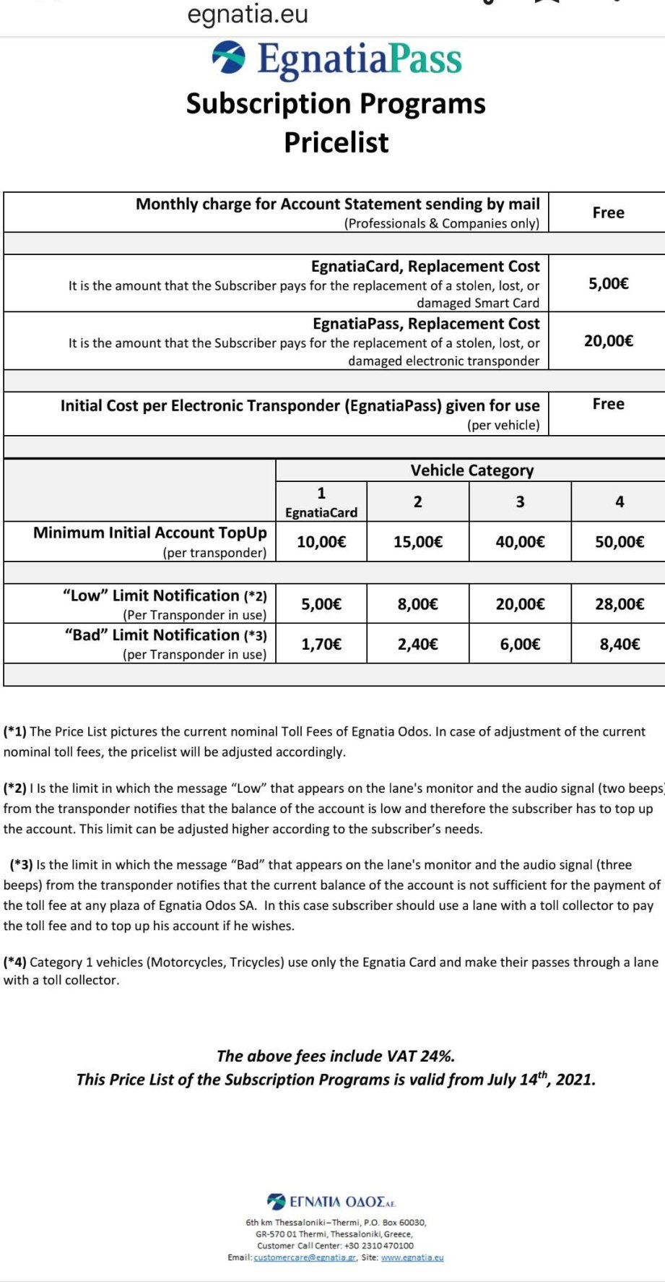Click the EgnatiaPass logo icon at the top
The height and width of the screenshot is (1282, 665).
228,58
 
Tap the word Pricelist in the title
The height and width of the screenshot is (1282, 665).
336,142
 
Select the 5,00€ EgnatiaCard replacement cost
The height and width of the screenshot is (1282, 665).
608,283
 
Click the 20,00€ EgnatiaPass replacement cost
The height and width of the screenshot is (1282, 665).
608,340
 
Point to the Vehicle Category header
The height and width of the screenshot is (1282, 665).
471,470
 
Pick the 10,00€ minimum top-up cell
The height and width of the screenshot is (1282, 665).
321,542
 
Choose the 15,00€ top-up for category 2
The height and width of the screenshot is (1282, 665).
417,542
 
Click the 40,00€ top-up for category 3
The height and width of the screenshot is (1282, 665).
520,542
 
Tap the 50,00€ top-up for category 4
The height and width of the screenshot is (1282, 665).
619,542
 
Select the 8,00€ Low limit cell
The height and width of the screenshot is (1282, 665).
417,604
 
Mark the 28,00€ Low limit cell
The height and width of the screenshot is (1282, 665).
619,604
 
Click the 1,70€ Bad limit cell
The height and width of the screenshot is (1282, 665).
321,644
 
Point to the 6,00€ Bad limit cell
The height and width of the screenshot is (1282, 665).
520,644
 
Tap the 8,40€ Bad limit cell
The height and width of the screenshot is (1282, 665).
619,644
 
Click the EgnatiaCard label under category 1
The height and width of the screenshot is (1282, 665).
321,512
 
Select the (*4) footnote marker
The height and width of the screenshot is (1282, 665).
15,962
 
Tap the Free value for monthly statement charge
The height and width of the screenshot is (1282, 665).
608,212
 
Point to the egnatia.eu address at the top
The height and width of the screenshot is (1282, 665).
248,14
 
